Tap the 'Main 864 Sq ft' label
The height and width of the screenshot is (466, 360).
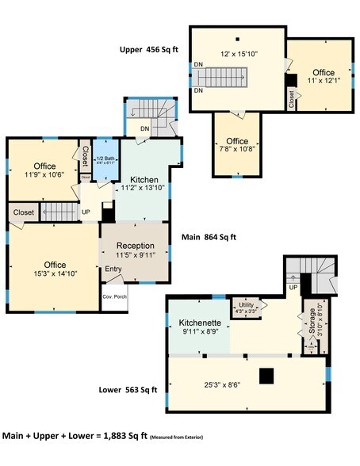click(x=209, y=236)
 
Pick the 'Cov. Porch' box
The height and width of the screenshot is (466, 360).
click(x=114, y=297)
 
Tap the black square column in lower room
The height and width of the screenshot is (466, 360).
click(x=268, y=375)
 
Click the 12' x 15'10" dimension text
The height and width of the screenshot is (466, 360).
click(x=237, y=55)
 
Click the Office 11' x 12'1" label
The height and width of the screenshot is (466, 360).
click(x=322, y=77)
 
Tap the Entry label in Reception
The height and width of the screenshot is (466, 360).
click(x=114, y=269)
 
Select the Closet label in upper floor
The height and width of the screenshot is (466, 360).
click(x=292, y=97)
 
